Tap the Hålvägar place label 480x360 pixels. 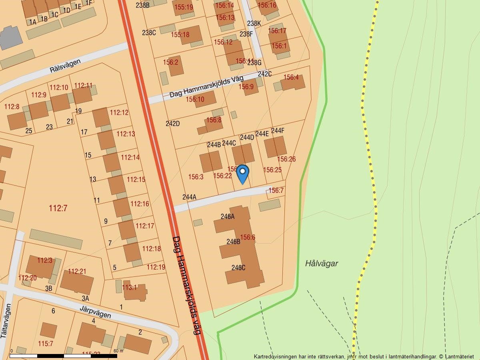tap(322, 263)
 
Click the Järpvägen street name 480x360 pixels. tap(95, 312)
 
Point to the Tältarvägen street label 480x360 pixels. tap(6, 321)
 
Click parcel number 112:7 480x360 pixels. tap(58, 208)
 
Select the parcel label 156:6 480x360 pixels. tap(248, 237)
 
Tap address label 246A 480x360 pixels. tap(227, 216)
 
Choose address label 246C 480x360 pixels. tap(238, 268)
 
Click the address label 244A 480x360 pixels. tap(189, 197)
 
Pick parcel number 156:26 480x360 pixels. tap(286, 159)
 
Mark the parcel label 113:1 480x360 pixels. tap(129, 287)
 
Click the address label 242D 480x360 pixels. tap(172, 124)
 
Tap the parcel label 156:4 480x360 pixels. tap(291, 77)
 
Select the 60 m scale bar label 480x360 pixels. tap(118, 351)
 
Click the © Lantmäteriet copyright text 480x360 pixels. tap(456, 356)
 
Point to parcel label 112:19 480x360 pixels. tap(156, 267)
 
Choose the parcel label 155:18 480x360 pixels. tap(180, 35)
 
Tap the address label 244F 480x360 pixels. tap(277, 130)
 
